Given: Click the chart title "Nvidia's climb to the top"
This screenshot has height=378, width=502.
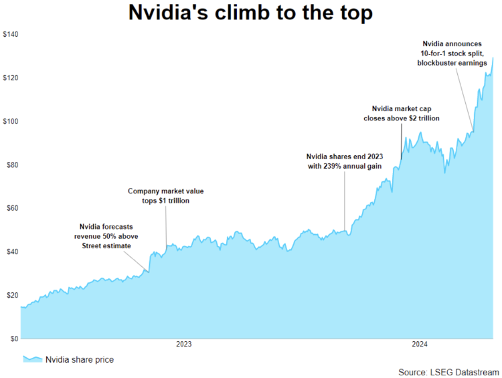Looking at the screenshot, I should point(250,13).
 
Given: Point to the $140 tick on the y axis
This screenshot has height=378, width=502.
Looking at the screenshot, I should point(9,34).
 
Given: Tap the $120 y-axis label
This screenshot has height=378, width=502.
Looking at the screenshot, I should point(9,78).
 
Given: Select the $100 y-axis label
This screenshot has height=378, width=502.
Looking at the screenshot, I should point(9,121).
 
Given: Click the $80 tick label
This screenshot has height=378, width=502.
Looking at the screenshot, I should point(11,165).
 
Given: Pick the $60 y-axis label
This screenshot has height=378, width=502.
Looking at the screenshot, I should point(11,208).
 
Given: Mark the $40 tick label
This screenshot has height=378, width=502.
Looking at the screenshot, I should point(11,252).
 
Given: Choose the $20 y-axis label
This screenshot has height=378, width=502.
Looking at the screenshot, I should point(11,295).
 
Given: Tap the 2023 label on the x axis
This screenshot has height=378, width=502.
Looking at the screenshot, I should point(184,345).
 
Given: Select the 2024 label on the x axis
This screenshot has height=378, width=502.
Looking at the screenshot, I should point(420,345).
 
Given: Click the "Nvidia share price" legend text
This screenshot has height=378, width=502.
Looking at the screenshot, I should point(79,360).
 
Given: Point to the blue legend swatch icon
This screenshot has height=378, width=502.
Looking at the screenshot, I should point(31,359).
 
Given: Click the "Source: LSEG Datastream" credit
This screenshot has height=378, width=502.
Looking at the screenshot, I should point(448,371).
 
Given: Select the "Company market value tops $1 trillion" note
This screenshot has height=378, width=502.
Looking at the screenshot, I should point(165,196).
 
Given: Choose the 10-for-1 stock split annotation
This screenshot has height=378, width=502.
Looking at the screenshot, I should point(452,54).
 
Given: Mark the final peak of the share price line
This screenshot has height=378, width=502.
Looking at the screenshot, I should point(493,58).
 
